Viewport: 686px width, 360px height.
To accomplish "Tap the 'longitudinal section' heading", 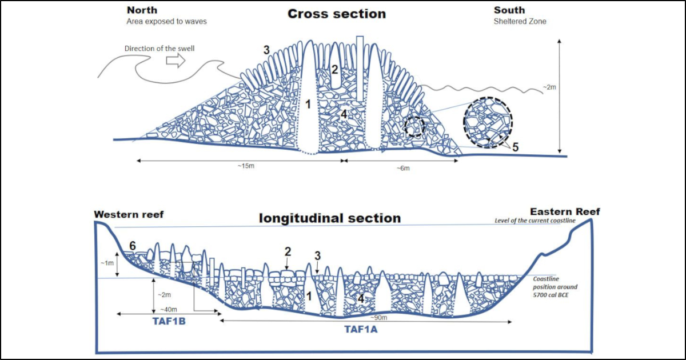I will [330, 218].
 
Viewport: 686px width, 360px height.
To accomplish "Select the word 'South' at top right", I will [509, 10].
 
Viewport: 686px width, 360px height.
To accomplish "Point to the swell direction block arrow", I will [176, 62].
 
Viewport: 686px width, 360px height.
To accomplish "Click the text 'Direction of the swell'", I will [159, 49].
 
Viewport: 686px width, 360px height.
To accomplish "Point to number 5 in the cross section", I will [515, 147].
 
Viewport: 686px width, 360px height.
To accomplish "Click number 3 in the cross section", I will [266, 50].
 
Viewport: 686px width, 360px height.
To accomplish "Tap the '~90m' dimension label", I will [366, 317].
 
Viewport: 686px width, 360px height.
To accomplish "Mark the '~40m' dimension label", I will [166, 309].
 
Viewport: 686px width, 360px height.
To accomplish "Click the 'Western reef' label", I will [129, 215].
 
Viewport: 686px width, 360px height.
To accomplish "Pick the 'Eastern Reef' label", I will [565, 211].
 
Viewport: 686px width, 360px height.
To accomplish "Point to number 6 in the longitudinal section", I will [132, 245].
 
